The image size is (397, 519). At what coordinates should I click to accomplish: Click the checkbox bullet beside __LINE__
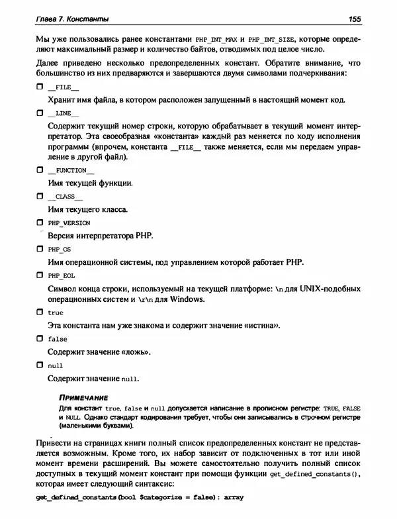point(39,113)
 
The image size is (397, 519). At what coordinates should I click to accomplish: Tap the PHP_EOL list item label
point(60,275)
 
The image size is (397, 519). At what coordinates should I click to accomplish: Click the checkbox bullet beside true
point(39,312)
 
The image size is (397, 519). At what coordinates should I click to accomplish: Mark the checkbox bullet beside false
point(39,338)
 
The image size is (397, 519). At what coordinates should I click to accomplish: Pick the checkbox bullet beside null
point(39,365)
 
